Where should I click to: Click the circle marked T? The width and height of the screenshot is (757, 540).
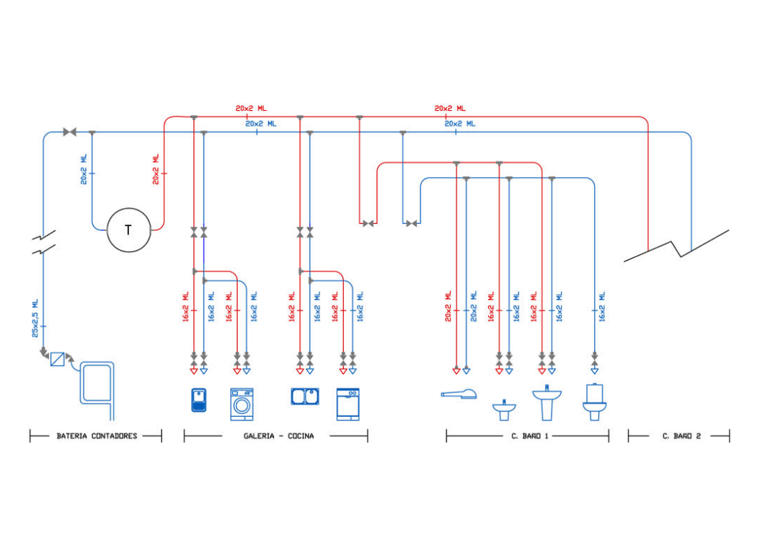pyautogui.click(x=129, y=230)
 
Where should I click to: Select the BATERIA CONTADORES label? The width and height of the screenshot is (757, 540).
pyautogui.click(x=97, y=436)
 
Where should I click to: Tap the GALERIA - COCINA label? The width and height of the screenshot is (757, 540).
pyautogui.click(x=278, y=436)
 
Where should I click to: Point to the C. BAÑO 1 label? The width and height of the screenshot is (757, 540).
pyautogui.click(x=530, y=436)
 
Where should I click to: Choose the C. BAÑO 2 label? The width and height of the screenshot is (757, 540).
pyautogui.click(x=681, y=436)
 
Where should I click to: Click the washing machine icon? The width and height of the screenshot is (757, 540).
pyautogui.click(x=242, y=404)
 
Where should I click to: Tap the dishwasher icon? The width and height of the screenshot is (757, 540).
pyautogui.click(x=348, y=404)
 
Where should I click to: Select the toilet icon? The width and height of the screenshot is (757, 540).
pyautogui.click(x=594, y=402)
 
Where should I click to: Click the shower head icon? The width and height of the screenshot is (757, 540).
pyautogui.click(x=459, y=393)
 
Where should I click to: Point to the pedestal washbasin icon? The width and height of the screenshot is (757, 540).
pyautogui.click(x=546, y=402)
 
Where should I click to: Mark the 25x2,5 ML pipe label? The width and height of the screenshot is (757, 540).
pyautogui.click(x=35, y=318)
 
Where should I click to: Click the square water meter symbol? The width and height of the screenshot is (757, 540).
pyautogui.click(x=58, y=359)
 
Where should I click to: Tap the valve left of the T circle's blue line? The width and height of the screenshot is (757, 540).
pyautogui.click(x=70, y=132)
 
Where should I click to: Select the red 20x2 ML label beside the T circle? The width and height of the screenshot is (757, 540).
pyautogui.click(x=156, y=169)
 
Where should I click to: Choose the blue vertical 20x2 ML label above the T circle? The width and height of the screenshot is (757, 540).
pyautogui.click(x=84, y=169)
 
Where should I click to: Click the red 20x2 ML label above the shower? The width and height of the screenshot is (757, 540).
pyautogui.click(x=448, y=306)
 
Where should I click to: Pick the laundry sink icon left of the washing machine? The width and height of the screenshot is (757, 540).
pyautogui.click(x=198, y=400)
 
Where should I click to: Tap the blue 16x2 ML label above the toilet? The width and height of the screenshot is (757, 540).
pyautogui.click(x=602, y=306)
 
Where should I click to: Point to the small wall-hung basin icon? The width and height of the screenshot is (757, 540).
pyautogui.click(x=504, y=409)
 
